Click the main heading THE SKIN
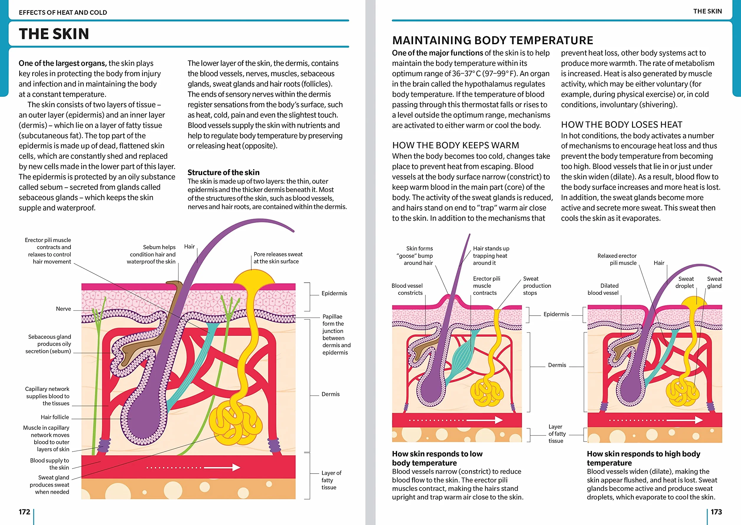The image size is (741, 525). (x=54, y=34)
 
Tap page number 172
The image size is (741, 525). (x=24, y=512)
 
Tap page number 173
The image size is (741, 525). (x=716, y=512)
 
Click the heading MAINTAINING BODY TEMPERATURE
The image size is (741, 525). (x=493, y=40)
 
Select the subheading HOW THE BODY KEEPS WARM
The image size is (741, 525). (x=456, y=145)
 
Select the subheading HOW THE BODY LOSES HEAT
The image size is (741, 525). (x=621, y=124)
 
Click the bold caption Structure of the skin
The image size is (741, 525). (x=223, y=172)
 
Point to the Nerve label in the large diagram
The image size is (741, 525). (x=63, y=309)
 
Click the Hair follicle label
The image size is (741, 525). (x=55, y=417)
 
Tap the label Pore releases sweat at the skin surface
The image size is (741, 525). (x=278, y=258)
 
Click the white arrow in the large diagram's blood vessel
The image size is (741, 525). (x=222, y=468)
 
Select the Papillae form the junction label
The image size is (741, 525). (x=336, y=334)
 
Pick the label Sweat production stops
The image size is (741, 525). (x=537, y=285)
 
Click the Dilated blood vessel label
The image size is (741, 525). (x=603, y=289)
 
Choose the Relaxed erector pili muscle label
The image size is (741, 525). (x=617, y=259)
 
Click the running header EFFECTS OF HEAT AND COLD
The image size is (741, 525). (x=63, y=12)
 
